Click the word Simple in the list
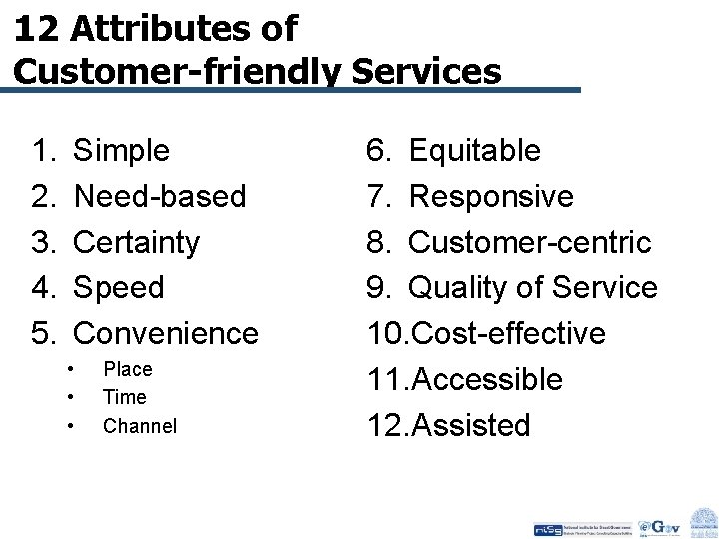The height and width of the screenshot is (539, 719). pos(122,151)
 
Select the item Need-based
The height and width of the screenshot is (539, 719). pos(160,196)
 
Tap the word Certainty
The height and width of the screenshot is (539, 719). pos(137,242)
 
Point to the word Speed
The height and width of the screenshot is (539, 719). pos(119,287)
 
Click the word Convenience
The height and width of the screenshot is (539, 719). pos(166,332)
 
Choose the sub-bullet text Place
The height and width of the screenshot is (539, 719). pos(128,369)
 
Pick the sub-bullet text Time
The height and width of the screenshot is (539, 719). pos(125,397)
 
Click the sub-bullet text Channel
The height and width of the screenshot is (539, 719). pos(140,426)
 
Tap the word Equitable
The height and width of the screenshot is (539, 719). pos(475,151)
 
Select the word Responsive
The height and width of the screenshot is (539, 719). pos(491,196)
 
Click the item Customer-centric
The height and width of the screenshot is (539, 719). pos(530,242)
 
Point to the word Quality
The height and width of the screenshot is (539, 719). pos(461,288)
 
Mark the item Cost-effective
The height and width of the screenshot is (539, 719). pos(507,333)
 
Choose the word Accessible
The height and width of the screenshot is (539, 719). pos(486,379)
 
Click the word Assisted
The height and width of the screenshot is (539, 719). pos(470,426)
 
